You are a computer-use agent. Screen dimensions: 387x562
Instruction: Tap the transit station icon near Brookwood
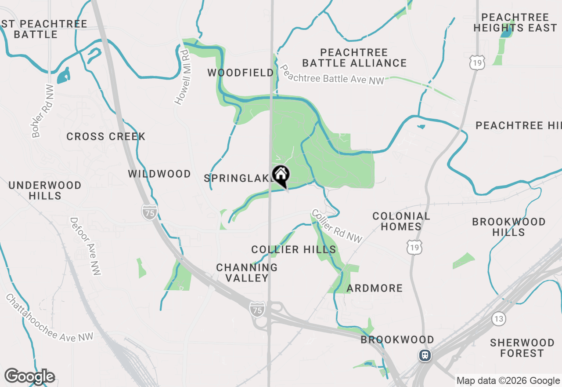tap(425, 355)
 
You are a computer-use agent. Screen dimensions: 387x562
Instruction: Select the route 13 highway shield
tap(498, 319)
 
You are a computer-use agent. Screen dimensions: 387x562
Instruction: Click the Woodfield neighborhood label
tap(241, 73)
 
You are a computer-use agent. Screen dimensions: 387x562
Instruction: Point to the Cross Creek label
tap(106, 137)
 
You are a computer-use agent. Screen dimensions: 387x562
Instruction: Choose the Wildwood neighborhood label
tap(159, 174)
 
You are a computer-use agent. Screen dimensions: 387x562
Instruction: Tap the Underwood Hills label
tap(45, 190)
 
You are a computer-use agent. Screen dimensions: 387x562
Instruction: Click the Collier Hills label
tap(294, 250)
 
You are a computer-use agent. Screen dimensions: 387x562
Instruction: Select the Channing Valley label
tap(247, 273)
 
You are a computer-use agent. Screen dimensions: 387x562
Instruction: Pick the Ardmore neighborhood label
tap(375, 288)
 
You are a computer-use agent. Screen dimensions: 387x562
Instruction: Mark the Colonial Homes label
tap(401, 221)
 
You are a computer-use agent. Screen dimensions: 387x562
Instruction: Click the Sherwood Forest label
tap(522, 348)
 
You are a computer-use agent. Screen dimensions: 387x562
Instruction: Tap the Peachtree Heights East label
tap(515, 22)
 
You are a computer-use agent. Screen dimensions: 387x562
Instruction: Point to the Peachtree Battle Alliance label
tap(354, 58)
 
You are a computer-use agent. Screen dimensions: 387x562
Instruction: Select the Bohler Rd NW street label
tap(43, 111)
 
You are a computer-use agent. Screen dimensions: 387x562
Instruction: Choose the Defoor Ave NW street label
tap(86, 246)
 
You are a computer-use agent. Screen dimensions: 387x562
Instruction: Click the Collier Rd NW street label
tap(337, 226)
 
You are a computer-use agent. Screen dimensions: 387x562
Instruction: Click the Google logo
tap(29, 377)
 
